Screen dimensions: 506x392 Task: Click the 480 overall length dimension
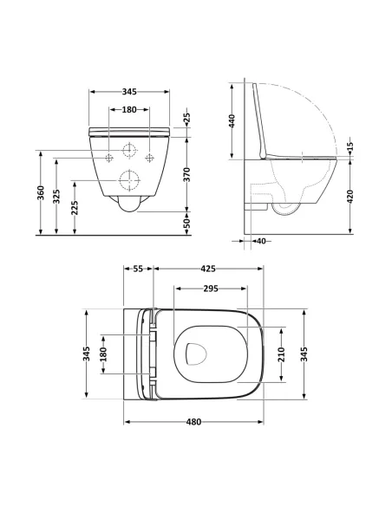tap(193, 422)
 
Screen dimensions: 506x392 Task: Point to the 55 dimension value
tap(139, 269)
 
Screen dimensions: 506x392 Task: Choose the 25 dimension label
tap(187, 116)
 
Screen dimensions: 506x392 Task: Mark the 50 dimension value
tap(187, 224)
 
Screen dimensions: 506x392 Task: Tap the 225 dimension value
tap(75, 208)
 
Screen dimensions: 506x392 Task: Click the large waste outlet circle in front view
tap(129, 181)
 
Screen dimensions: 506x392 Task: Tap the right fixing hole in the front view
tap(149, 158)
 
